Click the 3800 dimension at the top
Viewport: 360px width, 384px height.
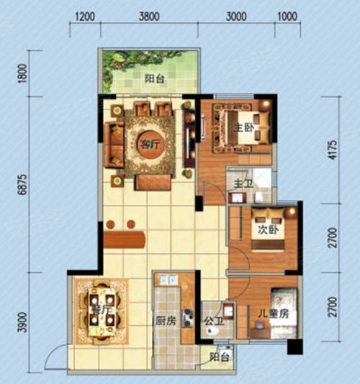(x=149, y=17)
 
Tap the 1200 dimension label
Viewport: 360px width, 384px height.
(x=85, y=17)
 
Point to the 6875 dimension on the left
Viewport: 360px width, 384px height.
(x=24, y=184)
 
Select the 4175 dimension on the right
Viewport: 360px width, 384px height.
(x=333, y=150)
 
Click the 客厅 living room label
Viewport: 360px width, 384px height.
(x=150, y=144)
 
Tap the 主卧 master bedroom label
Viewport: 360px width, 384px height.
(x=244, y=127)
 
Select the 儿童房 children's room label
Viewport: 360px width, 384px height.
(x=274, y=314)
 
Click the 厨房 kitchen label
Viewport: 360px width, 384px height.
(x=166, y=321)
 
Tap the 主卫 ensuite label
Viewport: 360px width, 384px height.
(x=243, y=183)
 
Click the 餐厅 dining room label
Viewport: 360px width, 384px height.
(x=101, y=309)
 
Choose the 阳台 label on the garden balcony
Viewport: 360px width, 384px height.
(x=154, y=79)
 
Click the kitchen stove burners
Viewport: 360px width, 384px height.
(x=188, y=318)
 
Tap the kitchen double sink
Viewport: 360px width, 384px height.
(x=168, y=280)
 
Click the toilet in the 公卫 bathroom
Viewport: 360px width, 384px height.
(x=212, y=331)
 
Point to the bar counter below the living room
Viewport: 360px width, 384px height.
(x=125, y=239)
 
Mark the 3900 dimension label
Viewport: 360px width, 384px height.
(x=24, y=322)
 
